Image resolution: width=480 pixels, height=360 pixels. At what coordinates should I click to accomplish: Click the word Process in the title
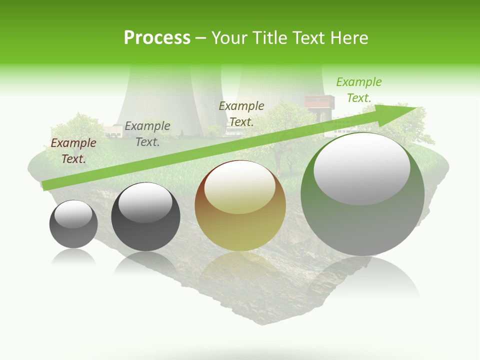[x=157, y=37]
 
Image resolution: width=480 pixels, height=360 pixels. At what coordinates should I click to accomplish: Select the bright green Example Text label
[x=358, y=90]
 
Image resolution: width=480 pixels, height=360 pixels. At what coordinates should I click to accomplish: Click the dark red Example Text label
[x=73, y=151]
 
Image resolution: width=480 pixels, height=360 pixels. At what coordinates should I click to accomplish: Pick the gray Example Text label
[x=147, y=134]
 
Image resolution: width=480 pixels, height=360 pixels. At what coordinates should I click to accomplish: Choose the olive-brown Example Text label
[x=241, y=113]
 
